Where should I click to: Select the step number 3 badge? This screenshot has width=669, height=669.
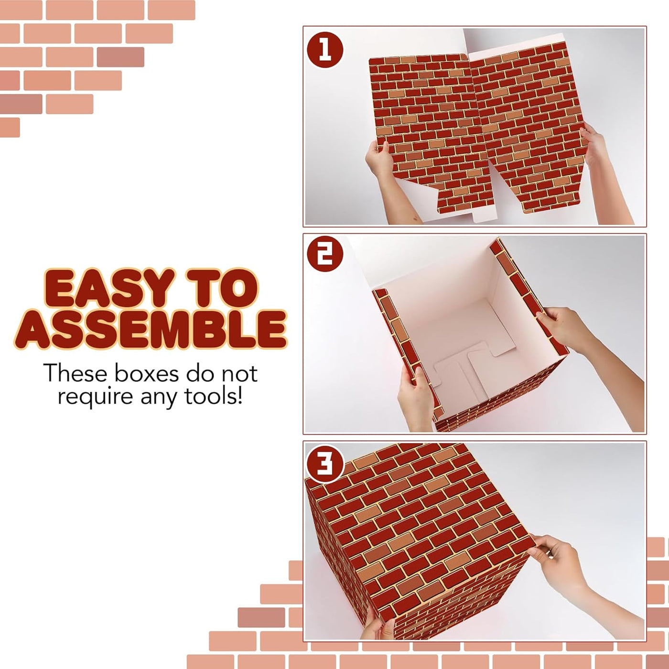325,464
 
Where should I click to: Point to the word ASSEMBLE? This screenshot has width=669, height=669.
151,329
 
